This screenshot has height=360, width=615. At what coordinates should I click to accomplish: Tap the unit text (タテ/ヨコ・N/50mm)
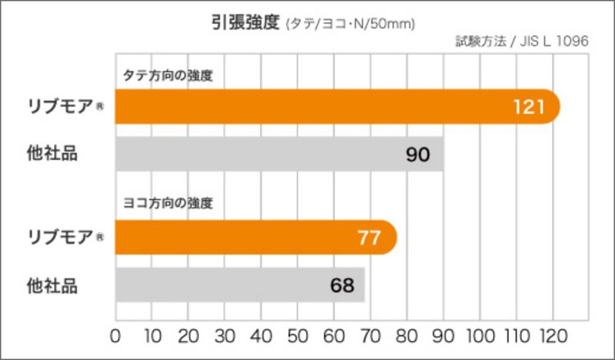pyautogui.click(x=350, y=24)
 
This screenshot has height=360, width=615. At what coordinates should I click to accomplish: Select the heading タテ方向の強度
pyautogui.click(x=168, y=76)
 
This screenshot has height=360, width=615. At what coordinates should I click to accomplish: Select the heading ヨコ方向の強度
pyautogui.click(x=168, y=204)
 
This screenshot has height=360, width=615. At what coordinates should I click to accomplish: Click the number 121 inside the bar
pyautogui.click(x=529, y=106)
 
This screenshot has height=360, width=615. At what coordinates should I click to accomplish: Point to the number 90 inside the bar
pyautogui.click(x=417, y=155)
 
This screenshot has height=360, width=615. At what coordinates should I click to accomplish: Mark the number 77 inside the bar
pyautogui.click(x=369, y=237)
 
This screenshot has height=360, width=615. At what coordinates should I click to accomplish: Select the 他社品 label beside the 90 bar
pyautogui.click(x=52, y=154)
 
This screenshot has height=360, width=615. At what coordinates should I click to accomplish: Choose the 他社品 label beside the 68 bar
pyautogui.click(x=52, y=285)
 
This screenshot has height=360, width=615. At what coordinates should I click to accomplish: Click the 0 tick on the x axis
pyautogui.click(x=116, y=335)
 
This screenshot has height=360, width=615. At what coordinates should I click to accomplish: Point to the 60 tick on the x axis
pyautogui.click(x=334, y=335)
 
